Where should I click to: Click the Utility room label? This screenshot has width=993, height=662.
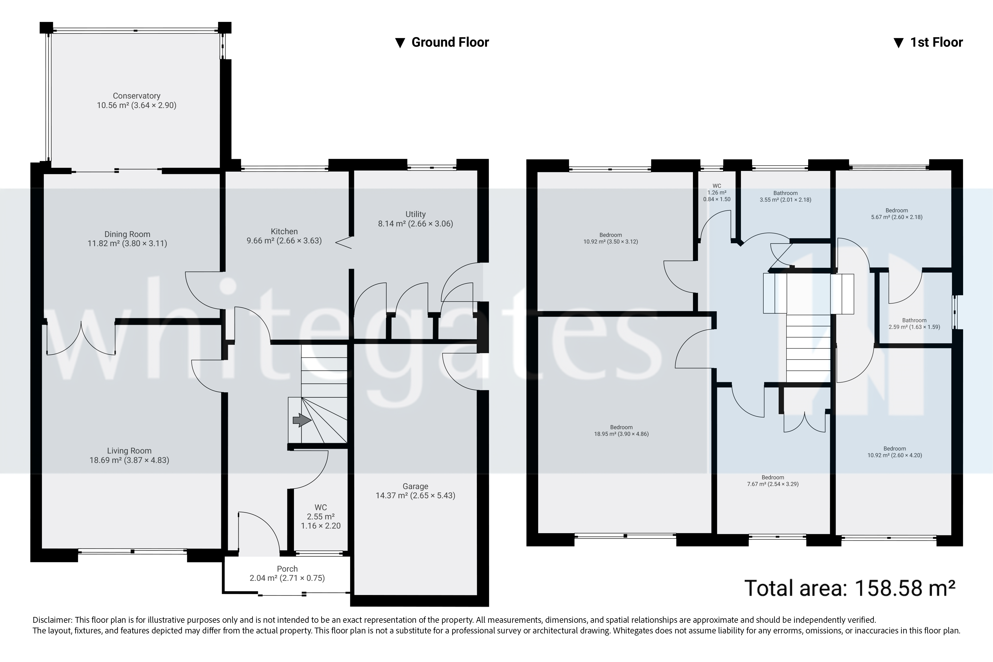point(416,214)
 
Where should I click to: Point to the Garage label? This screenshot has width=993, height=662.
point(416,486)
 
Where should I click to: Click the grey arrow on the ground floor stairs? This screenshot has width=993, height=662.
point(301,421)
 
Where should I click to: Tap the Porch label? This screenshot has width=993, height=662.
point(287,569)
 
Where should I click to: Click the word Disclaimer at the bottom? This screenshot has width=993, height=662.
point(52,620)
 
